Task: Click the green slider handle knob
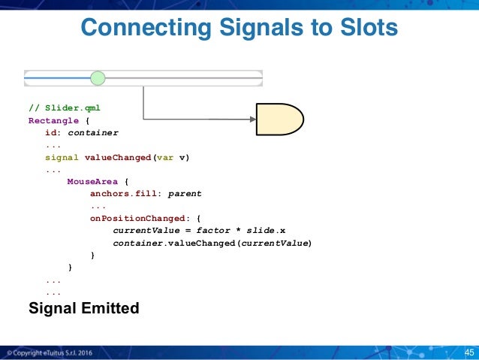(x=98, y=78)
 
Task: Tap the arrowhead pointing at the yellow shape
(x=252, y=119)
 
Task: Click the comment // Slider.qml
(x=64, y=108)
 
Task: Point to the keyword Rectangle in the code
(x=53, y=120)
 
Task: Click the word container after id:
(x=92, y=132)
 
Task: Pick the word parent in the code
(x=185, y=194)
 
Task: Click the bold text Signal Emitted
(x=83, y=307)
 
